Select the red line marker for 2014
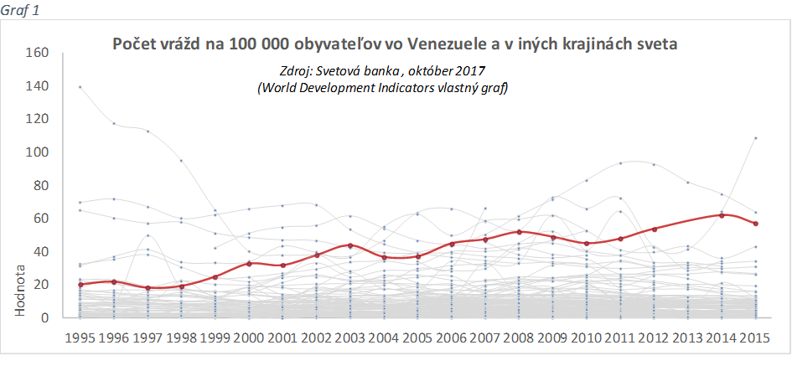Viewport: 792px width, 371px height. click(722, 215)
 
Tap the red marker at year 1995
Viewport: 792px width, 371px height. click(80, 285)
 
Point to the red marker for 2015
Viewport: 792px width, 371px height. click(756, 224)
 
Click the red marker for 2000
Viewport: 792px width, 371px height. click(250, 263)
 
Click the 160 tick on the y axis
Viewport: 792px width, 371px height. click(39, 53)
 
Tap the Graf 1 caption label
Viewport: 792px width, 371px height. click(19, 10)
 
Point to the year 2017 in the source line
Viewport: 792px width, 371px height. click(471, 71)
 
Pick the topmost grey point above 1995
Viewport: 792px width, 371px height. click(80, 86)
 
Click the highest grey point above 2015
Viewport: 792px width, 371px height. click(756, 137)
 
